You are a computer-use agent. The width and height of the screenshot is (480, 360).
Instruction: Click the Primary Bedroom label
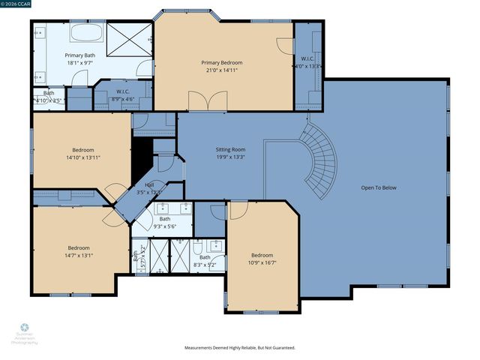[x=221, y=63]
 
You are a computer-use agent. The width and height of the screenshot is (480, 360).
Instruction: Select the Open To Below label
[x=378, y=187]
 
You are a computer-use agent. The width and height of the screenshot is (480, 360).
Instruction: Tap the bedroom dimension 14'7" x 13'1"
[x=79, y=256]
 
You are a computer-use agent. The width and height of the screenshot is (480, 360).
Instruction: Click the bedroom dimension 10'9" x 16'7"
[x=262, y=262]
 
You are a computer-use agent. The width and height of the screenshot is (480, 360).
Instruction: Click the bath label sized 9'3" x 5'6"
[x=165, y=227]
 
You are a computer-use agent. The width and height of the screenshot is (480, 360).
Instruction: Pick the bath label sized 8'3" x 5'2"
[x=205, y=265]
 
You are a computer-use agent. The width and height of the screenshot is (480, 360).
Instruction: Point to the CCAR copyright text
[x=15, y=4]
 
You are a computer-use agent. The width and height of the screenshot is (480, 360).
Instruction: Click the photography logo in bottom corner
[x=24, y=333]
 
